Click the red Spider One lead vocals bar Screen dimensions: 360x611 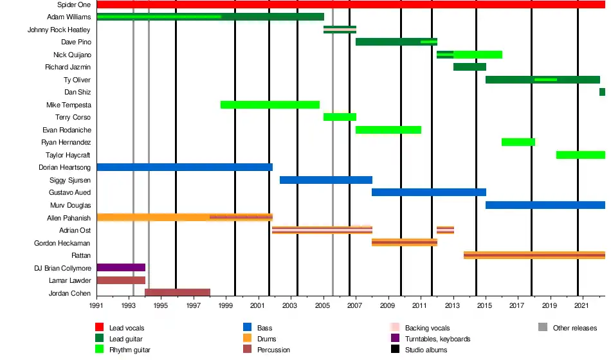(351, 4)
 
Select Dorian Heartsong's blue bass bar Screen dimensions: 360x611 (185, 167)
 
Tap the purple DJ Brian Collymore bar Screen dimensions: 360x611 (121, 267)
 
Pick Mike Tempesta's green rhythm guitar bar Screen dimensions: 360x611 (270, 105)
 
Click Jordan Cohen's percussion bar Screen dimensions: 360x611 (178, 292)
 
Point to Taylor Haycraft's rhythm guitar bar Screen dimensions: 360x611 (580, 155)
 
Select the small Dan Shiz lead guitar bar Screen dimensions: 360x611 (602, 92)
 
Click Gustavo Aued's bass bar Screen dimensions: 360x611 (429, 192)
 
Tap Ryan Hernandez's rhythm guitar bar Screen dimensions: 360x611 (518, 142)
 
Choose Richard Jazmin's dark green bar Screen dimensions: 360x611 (470, 67)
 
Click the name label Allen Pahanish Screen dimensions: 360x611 (69, 218)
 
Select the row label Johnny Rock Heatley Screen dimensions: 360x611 (59, 30)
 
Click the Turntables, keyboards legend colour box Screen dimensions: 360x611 (396, 339)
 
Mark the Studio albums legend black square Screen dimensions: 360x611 (396, 350)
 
